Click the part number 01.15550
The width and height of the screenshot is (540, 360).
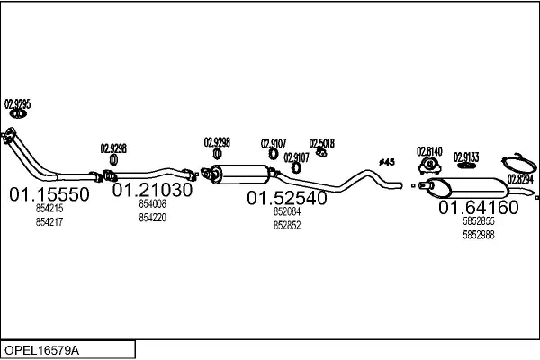pyautogui.click(x=49, y=194)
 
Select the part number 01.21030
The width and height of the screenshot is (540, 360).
pyautogui.click(x=152, y=190)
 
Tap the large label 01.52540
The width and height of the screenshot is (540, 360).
pyautogui.click(x=287, y=198)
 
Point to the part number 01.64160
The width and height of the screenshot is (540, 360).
pyautogui.click(x=479, y=207)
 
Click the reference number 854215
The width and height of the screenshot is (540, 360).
pyautogui.click(x=49, y=209)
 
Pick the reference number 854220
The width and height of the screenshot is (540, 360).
pyautogui.click(x=153, y=218)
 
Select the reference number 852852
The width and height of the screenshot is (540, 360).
pyautogui.click(x=287, y=225)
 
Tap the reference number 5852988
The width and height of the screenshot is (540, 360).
pyautogui.click(x=479, y=235)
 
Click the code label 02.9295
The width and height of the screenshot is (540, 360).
pyautogui.click(x=18, y=103)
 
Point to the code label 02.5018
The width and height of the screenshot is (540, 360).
pyautogui.click(x=321, y=143)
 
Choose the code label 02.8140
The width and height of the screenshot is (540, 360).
pyautogui.click(x=429, y=151)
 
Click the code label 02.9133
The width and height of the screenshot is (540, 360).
pyautogui.click(x=466, y=157)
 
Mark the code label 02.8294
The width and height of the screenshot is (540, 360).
pyautogui.click(x=520, y=179)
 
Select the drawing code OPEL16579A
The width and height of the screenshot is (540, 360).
pyautogui.click(x=41, y=350)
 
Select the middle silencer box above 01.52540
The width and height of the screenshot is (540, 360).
pyautogui.click(x=240, y=174)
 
